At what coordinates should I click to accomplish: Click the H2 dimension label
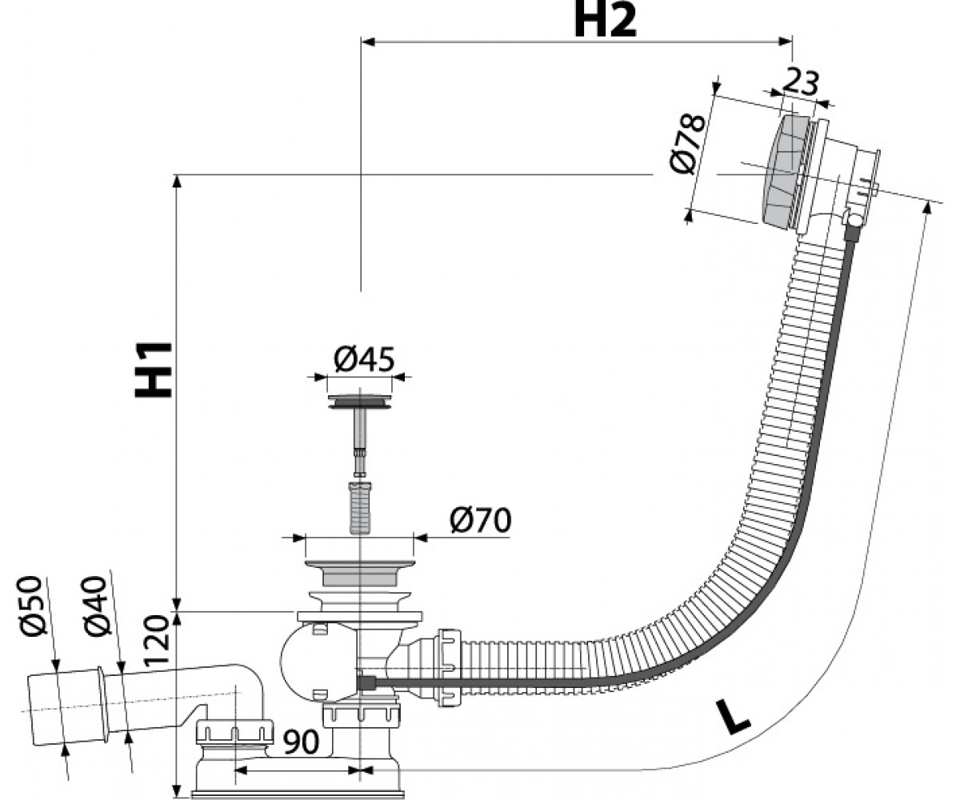[x=606, y=21]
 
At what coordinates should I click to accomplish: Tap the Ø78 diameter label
[x=687, y=143]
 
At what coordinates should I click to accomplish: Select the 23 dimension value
[x=800, y=82]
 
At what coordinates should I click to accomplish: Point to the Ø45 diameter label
[x=364, y=358]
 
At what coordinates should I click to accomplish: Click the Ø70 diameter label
[x=481, y=520]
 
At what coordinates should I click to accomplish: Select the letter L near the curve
[x=733, y=722]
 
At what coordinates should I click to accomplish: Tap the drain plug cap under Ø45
[x=359, y=401]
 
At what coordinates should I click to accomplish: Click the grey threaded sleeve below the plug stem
[x=361, y=507]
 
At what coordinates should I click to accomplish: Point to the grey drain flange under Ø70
[x=359, y=573]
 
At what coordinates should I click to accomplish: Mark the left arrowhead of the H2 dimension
[x=368, y=42]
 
